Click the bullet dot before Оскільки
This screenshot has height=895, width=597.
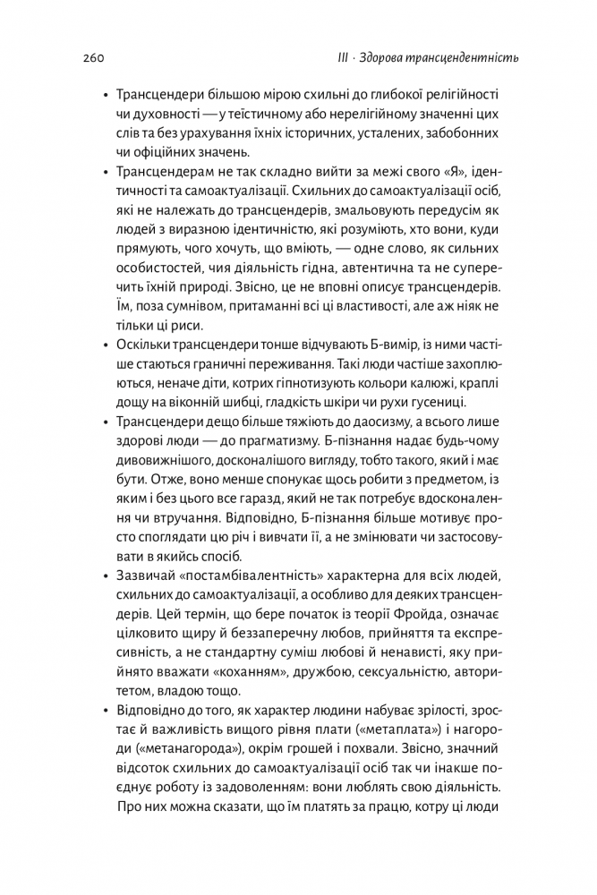coord(105,345)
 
